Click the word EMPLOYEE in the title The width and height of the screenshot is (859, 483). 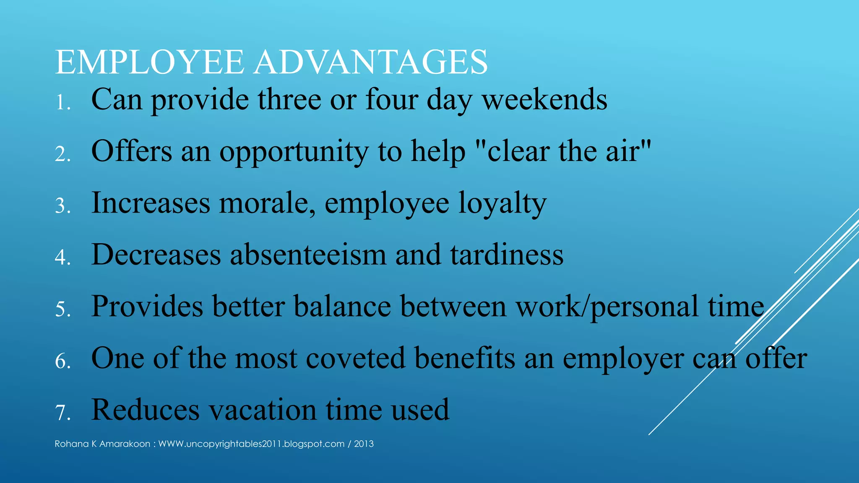pos(149,62)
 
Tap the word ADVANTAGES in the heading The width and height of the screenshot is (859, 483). pos(370,62)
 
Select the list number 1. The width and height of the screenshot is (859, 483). pos(62,102)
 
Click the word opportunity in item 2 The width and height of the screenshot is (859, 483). pos(294,152)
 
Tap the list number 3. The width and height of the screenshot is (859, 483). pos(62,206)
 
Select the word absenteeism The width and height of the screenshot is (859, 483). pos(308,254)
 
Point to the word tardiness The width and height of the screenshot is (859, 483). pos(507,254)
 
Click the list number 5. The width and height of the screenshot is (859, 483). pos(62,309)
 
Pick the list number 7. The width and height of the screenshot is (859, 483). pos(62,413)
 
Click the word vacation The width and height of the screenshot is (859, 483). pos(263,410)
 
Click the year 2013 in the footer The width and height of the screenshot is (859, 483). pos(364,444)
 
